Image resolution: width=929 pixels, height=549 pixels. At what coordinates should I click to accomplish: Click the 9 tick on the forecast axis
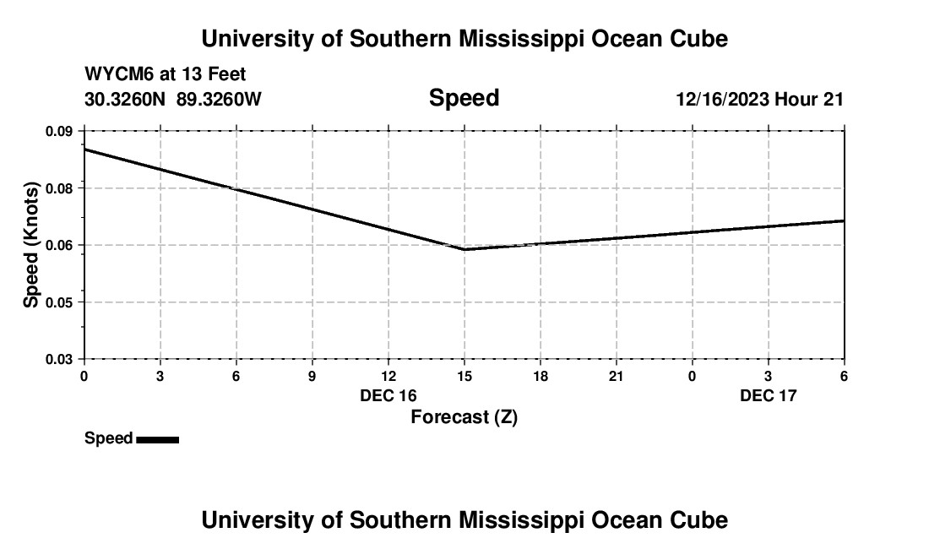pyautogui.click(x=312, y=376)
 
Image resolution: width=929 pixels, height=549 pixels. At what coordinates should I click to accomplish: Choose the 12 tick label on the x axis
pyautogui.click(x=388, y=376)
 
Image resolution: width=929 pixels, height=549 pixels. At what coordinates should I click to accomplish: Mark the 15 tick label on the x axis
pyautogui.click(x=465, y=376)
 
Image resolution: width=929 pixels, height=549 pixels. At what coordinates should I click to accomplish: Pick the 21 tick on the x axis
pyautogui.click(x=617, y=376)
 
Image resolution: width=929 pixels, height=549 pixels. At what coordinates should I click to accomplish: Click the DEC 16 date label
pyautogui.click(x=388, y=395)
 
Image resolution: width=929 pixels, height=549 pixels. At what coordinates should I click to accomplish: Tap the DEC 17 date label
pyautogui.click(x=769, y=395)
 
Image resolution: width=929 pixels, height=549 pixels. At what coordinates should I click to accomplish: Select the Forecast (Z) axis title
pyautogui.click(x=464, y=416)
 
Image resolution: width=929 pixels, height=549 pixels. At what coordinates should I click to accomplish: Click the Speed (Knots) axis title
pyautogui.click(x=31, y=245)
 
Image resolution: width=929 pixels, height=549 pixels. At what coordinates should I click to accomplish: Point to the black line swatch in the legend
pyautogui.click(x=157, y=439)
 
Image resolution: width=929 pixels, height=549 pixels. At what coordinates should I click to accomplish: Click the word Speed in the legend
pyautogui.click(x=109, y=438)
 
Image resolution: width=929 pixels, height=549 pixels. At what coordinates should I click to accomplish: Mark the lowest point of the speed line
pyautogui.click(x=465, y=249)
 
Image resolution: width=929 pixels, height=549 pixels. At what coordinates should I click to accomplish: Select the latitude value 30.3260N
pyautogui.click(x=125, y=100)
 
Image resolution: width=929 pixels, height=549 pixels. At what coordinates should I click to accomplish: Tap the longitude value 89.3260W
pyautogui.click(x=219, y=100)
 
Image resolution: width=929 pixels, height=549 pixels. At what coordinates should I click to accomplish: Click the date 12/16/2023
pyautogui.click(x=722, y=100)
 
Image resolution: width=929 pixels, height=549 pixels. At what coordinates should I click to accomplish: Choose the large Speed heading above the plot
pyautogui.click(x=464, y=98)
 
